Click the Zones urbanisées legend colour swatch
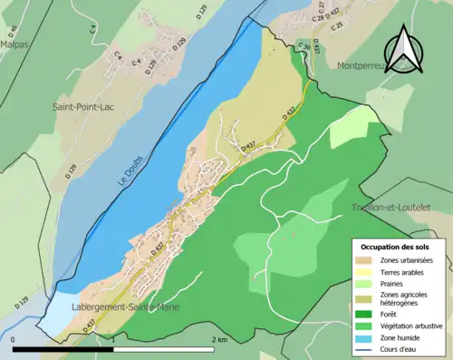pyautogui.click(x=365, y=260)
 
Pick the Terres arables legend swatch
pyautogui.click(x=365, y=271)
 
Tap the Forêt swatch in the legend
pyautogui.click(x=365, y=310)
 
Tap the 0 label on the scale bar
pyautogui.click(x=14, y=339)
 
